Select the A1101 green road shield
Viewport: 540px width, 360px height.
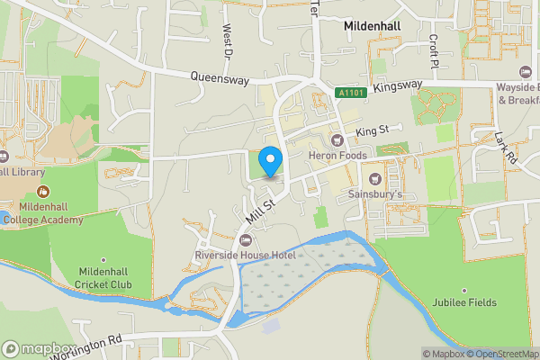click(353, 93)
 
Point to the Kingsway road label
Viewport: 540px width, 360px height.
click(397, 85)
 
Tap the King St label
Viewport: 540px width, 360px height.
click(371, 131)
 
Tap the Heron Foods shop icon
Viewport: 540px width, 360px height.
click(338, 139)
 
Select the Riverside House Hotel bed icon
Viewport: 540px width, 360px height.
click(246, 240)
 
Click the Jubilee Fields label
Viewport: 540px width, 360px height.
click(464, 303)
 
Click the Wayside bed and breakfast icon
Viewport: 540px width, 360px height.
click(526, 71)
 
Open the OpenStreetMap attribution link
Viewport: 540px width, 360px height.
click(501, 353)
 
